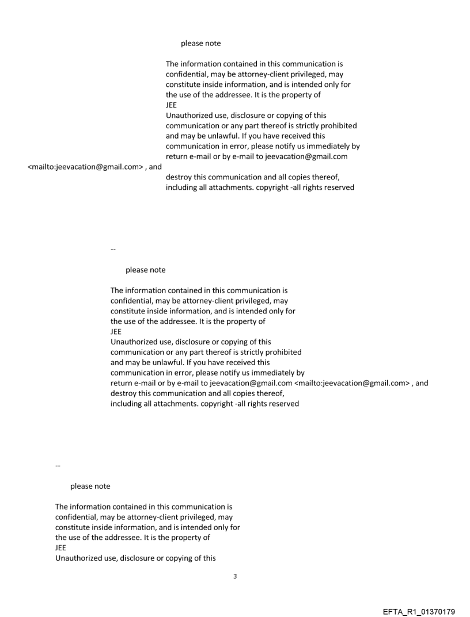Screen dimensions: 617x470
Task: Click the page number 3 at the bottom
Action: pos(235,576)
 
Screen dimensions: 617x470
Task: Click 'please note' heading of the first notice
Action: pos(200,43)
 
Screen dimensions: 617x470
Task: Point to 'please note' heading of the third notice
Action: pos(90,486)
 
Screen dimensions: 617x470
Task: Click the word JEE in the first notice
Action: pos(172,105)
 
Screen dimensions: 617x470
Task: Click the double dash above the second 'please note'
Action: pos(112,249)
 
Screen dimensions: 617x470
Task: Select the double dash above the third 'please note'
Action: pos(57,465)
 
